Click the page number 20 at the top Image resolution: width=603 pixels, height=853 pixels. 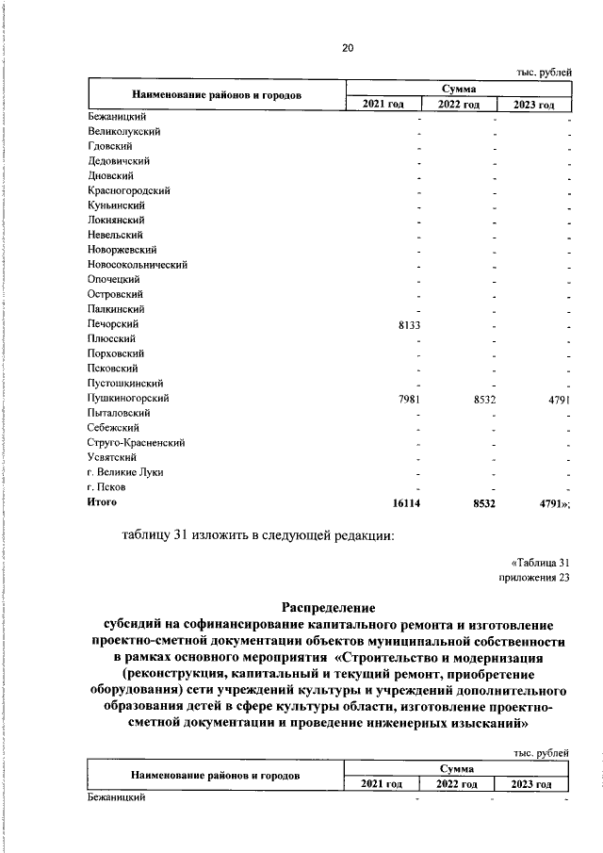[348, 47]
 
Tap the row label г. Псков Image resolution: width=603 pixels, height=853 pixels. [105, 487]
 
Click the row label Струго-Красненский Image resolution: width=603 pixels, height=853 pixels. [135, 443]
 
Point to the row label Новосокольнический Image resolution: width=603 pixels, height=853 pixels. [137, 265]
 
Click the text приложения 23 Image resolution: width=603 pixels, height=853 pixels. [534, 579]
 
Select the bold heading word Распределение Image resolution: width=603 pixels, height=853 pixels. [329, 608]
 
